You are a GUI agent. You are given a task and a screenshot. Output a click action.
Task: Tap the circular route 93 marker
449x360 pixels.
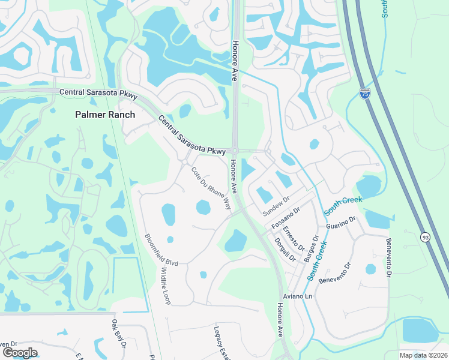pyautogui.click(x=425, y=237)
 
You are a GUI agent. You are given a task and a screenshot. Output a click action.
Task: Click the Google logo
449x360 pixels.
pyautogui.click(x=20, y=352)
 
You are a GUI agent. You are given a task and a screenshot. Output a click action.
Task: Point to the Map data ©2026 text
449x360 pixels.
pyautogui.click(x=423, y=355)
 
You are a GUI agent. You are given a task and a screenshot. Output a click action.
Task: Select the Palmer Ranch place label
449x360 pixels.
pyautogui.click(x=105, y=115)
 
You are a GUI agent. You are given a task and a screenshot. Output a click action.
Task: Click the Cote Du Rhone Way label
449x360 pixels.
pyautogui.click(x=211, y=188)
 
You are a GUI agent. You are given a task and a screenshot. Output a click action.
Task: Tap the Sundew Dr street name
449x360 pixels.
pyautogui.click(x=276, y=206)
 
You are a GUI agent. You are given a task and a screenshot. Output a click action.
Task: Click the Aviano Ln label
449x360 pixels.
pyautogui.click(x=298, y=297)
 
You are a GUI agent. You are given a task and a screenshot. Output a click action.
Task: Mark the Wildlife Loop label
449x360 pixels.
pyautogui.click(x=165, y=286)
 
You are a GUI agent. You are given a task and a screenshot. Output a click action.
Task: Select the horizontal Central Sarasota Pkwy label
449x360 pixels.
pyautogui.click(x=98, y=93)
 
